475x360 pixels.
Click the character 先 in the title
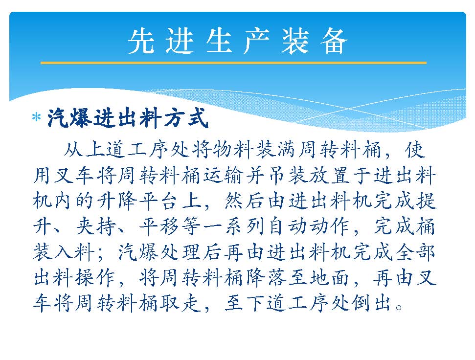click(140, 42)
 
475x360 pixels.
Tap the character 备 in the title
click(334, 42)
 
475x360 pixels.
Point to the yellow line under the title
click(233, 63)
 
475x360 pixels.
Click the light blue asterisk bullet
click(36, 117)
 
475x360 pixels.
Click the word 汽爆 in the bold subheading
click(69, 118)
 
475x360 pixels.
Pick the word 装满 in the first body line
click(276, 150)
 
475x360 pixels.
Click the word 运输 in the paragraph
click(223, 176)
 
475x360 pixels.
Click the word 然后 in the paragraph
click(244, 202)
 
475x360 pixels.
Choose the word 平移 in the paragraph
click(159, 227)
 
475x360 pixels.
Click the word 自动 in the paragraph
click(287, 227)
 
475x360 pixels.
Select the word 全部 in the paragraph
click(415, 252)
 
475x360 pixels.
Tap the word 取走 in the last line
click(180, 303)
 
